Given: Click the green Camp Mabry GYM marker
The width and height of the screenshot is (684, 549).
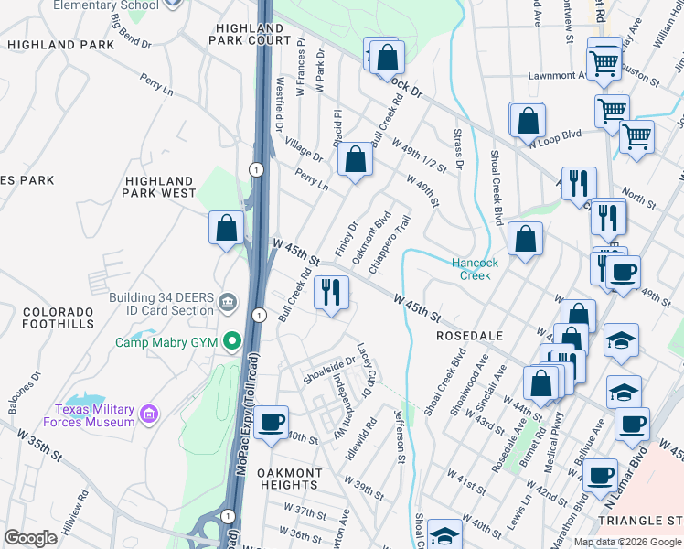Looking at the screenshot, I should pos(232,343).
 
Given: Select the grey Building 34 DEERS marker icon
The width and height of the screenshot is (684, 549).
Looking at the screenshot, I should pos(226,301).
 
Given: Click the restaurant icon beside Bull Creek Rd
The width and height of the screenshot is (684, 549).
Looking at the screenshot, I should pos(330,293).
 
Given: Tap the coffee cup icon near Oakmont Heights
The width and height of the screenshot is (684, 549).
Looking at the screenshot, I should pos(272,422).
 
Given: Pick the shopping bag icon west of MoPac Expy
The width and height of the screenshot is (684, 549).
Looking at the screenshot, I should pos(226,227).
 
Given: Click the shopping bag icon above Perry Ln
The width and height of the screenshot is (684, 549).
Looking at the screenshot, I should pos(355,160).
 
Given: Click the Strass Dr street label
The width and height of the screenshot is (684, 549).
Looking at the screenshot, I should pos(458,148).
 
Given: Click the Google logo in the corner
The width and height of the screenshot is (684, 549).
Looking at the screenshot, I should pos(30,537).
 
